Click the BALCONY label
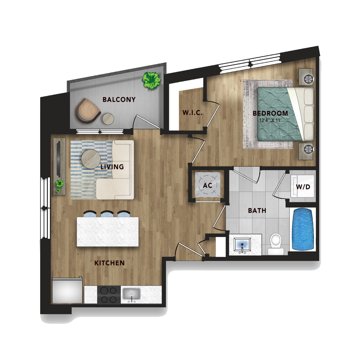(119, 99)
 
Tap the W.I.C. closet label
(192, 113)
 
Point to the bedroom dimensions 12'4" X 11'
(270, 120)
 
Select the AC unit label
(207, 185)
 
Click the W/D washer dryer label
(303, 187)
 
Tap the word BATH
(257, 210)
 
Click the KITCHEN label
(109, 263)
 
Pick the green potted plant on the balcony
(151, 81)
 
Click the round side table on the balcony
(108, 119)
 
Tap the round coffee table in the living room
(91, 159)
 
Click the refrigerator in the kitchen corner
(67, 290)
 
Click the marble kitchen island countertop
(108, 232)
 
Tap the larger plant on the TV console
(60, 184)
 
